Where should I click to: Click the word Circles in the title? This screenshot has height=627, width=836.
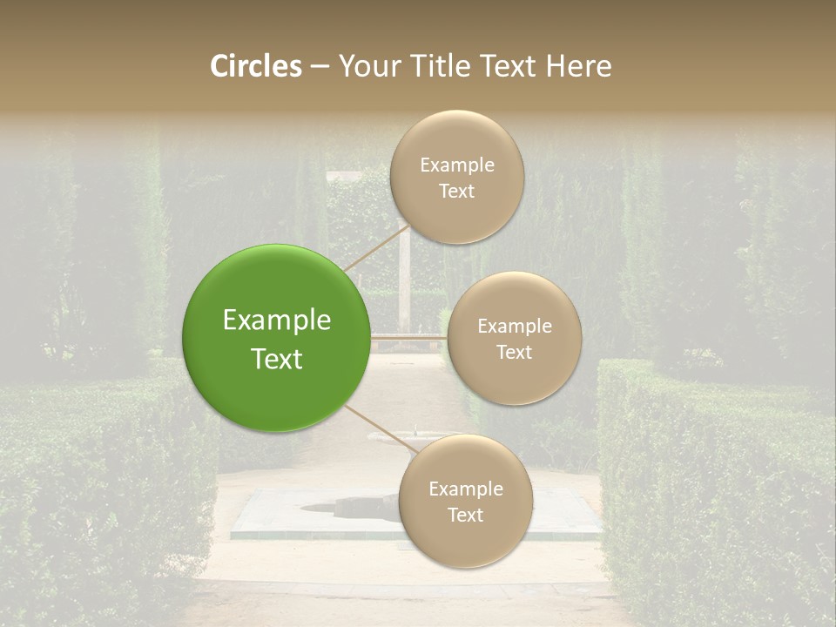click(255, 66)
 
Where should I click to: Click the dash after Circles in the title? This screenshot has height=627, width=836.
click(320, 67)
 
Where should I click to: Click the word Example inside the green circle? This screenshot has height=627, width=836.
click(276, 320)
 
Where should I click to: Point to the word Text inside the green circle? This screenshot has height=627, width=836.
click(276, 359)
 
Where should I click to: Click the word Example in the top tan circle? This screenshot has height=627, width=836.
click(456, 165)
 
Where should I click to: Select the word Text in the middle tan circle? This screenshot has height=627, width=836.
click(514, 352)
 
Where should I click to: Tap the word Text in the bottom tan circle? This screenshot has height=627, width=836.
click(465, 515)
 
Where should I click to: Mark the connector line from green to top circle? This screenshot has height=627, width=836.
click(374, 248)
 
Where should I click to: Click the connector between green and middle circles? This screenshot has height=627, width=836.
click(408, 336)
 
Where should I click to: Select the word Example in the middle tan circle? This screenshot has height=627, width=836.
click(514, 326)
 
